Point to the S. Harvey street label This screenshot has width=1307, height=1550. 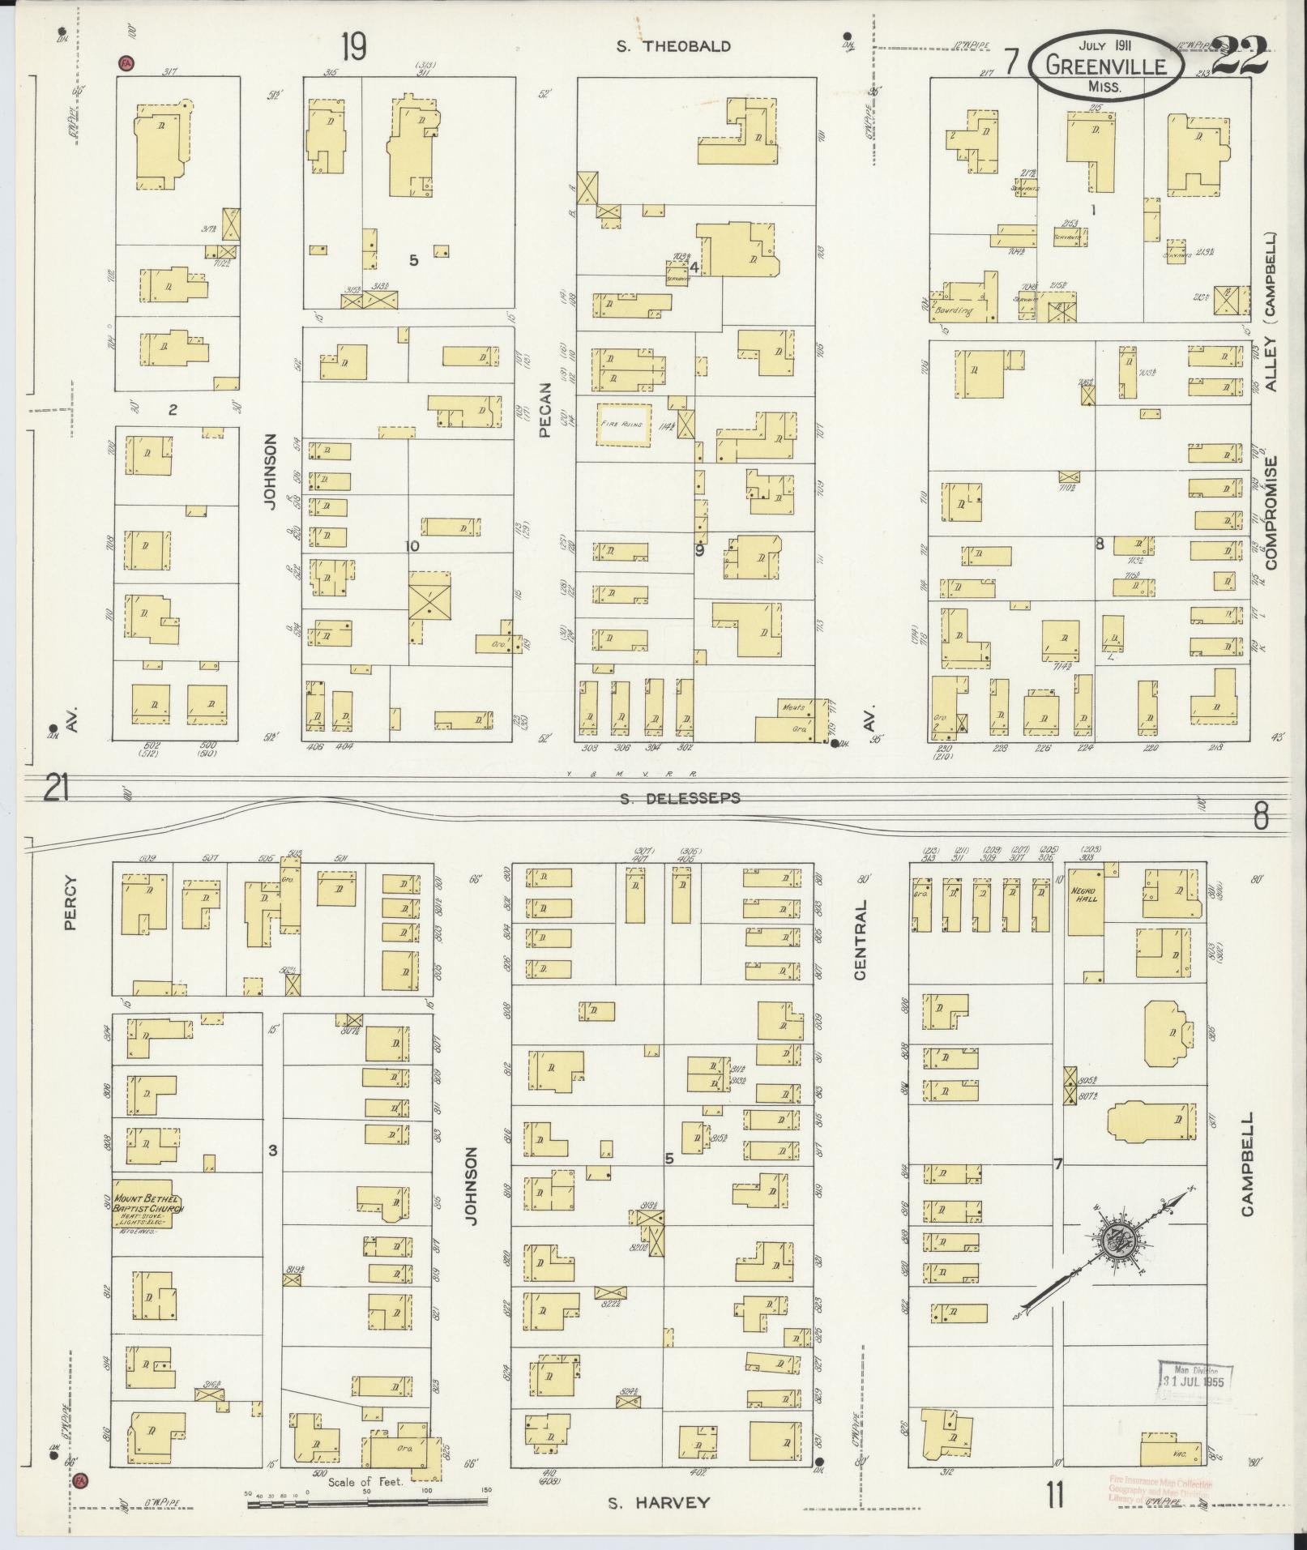tap(659, 1503)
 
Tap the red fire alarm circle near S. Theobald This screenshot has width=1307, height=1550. tap(126, 62)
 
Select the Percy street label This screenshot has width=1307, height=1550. tap(70, 903)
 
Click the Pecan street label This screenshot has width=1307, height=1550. tap(545, 410)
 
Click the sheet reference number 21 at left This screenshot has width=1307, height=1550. tap(55, 788)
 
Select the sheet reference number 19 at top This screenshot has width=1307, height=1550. tap(352, 47)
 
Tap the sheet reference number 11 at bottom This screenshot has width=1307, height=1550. tap(1054, 1495)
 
